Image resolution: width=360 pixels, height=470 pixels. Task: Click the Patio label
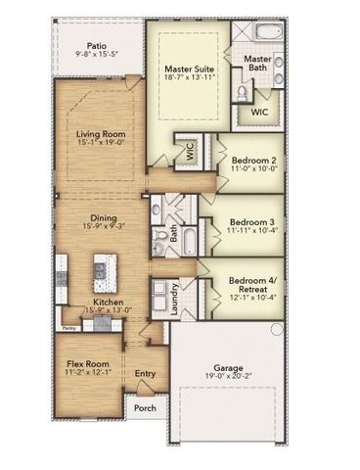click(x=96, y=45)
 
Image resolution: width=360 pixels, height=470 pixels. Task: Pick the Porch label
click(x=146, y=407)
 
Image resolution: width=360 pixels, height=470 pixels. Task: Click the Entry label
click(x=145, y=372)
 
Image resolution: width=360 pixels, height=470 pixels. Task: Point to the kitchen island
click(x=100, y=270)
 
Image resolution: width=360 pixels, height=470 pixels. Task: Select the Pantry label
click(x=69, y=328)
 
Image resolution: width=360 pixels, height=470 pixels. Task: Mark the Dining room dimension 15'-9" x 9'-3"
click(x=102, y=227)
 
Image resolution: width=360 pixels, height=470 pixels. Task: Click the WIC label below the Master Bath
click(x=259, y=113)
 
